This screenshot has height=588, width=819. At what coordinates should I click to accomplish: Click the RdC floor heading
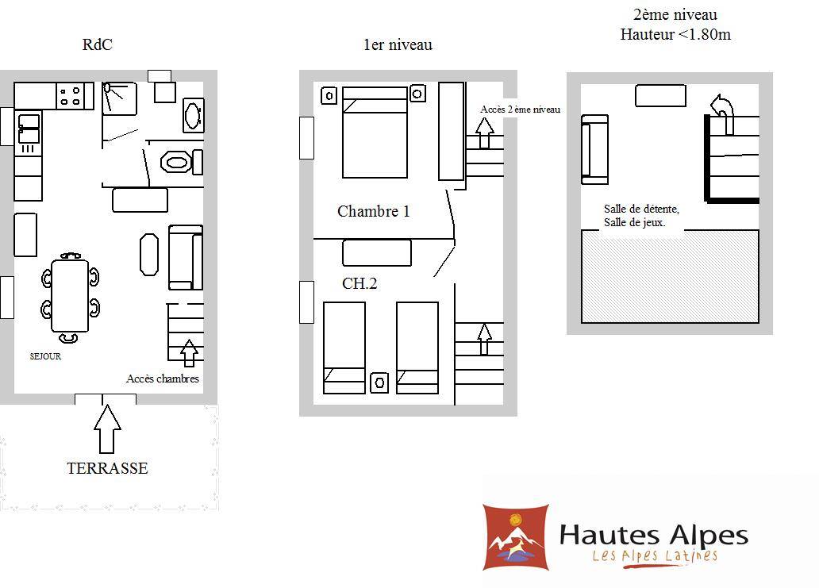[97, 44]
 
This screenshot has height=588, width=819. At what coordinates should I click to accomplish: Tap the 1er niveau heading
[398, 45]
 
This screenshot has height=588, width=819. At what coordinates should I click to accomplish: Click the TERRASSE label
[107, 468]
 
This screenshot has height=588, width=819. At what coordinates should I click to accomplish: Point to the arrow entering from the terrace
[108, 429]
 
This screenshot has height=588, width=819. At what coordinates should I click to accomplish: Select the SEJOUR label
[45, 356]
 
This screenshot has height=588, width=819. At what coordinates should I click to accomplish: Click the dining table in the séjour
[70, 296]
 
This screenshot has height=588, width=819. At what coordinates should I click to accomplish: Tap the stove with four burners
[70, 95]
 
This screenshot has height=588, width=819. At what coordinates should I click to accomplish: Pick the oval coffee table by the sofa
[149, 254]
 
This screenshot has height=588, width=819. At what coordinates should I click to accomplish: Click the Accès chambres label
[163, 379]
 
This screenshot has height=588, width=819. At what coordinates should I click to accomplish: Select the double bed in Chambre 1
[375, 132]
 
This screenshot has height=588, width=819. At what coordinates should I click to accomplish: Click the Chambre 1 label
[374, 212]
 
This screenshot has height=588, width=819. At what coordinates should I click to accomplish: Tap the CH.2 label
[360, 283]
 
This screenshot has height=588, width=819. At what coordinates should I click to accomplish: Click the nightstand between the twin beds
[379, 382]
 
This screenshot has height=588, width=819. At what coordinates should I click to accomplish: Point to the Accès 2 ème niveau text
[521, 110]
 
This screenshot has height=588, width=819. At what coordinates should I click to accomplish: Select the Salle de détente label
[641, 209]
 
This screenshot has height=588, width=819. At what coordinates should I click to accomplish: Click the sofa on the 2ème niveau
[595, 150]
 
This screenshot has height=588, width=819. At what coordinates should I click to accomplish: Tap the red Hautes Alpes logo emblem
[516, 537]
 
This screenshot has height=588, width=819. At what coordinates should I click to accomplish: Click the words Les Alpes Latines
[655, 555]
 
